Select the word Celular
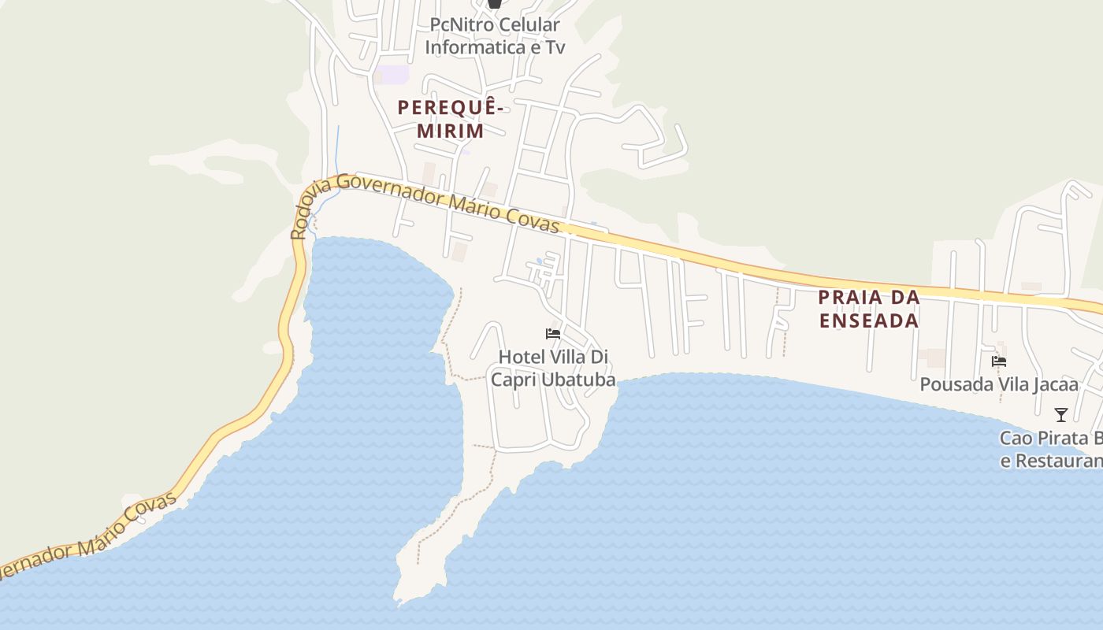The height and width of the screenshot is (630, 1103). pos(533,25)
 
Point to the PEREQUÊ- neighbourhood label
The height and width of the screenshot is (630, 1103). pos(450,108)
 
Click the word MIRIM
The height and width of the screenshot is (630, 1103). pos(450,131)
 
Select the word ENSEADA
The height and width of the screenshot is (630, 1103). pos(869,321)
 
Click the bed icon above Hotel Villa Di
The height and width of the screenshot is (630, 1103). pos(553,334)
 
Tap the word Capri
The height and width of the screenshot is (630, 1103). pos(513,380)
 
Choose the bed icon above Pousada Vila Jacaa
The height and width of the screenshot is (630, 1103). pos(999,361)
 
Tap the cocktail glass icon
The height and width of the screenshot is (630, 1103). pos(1061,414)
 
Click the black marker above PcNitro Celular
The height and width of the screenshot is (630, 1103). pos(494,4)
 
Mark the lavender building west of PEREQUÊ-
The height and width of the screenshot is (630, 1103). pos(392,75)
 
